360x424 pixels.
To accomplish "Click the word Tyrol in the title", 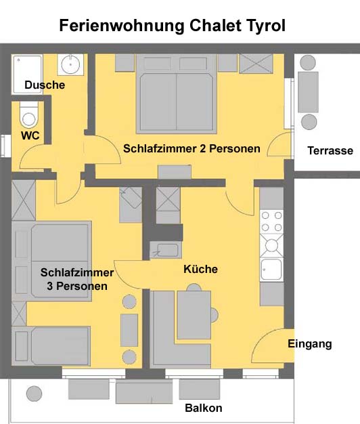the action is (265, 26).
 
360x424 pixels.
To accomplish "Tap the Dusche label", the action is (45, 85).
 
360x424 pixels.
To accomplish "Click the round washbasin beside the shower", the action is (70, 64).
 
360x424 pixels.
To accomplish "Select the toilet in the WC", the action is (29, 114).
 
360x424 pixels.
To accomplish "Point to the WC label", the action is (30, 135).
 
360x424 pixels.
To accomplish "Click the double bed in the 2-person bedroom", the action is (177, 94).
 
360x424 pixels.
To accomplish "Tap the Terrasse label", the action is (330, 150).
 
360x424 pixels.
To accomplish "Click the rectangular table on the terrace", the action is (308, 92).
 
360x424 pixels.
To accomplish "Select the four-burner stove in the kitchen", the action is (271, 221).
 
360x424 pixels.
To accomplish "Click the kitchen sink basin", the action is (271, 270).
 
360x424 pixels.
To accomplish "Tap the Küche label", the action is (201, 269).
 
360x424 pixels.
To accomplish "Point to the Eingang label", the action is (310, 344).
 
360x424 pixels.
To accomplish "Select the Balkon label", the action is (204, 408).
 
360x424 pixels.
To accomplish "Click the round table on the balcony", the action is (34, 394).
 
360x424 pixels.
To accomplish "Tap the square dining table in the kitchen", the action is (194, 315).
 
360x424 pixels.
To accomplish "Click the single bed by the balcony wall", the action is (51, 346).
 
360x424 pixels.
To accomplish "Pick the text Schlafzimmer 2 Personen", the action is (192, 149).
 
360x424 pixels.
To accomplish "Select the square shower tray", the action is (27, 75).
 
